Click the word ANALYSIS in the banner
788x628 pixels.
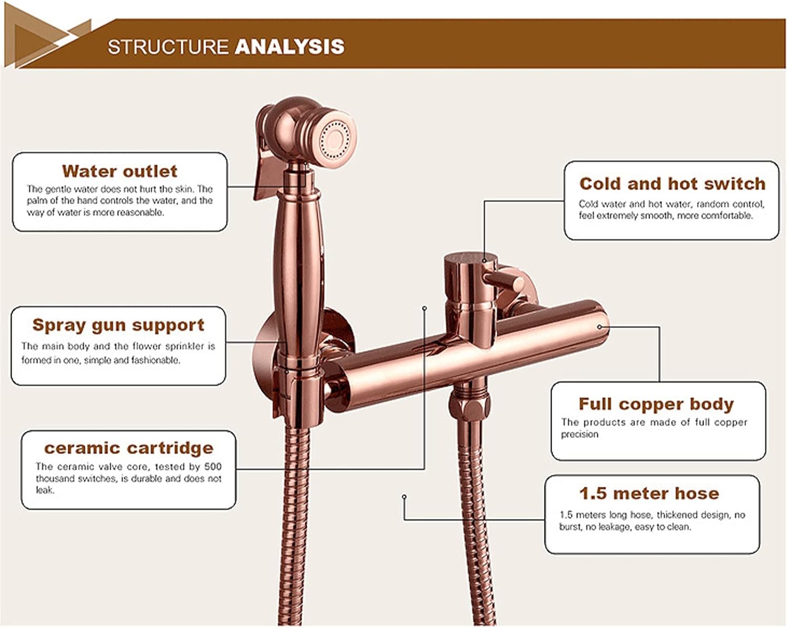tap(289, 47)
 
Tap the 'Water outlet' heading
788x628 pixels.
tap(120, 171)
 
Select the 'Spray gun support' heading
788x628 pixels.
tap(118, 325)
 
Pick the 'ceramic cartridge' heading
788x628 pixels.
tap(129, 448)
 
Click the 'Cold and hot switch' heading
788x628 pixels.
tap(672, 184)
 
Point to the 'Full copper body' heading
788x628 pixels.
tap(656, 404)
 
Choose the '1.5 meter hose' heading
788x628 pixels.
tap(649, 494)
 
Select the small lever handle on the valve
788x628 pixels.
tap(507, 281)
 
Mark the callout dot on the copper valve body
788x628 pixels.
tap(599, 327)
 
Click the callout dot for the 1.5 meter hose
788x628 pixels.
tap(404, 496)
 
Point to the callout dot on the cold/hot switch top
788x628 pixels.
tap(484, 260)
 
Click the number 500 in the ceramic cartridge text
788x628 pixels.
tap(213, 466)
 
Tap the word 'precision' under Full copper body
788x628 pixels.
tap(579, 434)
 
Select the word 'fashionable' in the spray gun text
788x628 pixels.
tap(158, 360)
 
